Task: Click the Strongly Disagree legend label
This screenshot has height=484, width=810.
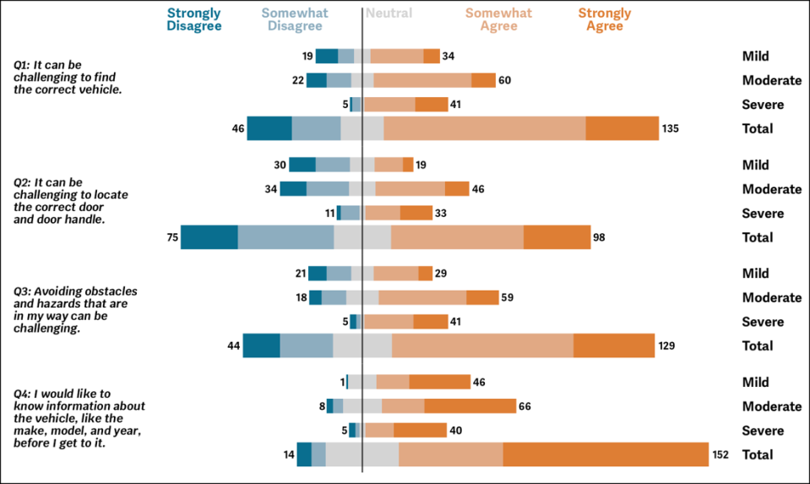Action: coord(194,19)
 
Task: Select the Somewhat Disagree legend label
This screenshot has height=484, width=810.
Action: coord(295,19)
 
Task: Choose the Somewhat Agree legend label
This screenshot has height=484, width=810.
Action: coord(498,19)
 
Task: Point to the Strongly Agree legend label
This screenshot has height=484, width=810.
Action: coord(604,19)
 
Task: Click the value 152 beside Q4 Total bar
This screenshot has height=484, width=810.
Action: coord(720,454)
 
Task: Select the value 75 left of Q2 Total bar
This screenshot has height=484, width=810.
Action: coord(172,237)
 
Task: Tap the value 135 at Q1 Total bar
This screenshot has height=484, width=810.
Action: coord(670,128)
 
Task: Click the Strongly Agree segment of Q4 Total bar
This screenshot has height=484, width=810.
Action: coord(606,454)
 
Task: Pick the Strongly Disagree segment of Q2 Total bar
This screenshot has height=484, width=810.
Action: coord(209,237)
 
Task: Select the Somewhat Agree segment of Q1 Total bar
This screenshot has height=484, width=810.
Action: coord(485,128)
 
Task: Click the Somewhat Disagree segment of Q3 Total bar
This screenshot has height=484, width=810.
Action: coord(307,345)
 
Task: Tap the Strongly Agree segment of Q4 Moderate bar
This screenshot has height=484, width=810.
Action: coord(470,406)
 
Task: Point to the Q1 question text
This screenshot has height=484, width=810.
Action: coord(68,77)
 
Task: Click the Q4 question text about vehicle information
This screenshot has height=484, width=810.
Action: coord(79,417)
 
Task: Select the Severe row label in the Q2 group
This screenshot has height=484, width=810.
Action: coord(763,214)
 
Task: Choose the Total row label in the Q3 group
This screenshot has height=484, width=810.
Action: coord(758,345)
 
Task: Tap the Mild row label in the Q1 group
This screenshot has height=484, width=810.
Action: coord(756,57)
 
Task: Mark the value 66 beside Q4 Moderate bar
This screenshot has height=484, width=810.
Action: coord(525,406)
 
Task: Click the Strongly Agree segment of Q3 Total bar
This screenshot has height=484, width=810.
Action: coord(614,345)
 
